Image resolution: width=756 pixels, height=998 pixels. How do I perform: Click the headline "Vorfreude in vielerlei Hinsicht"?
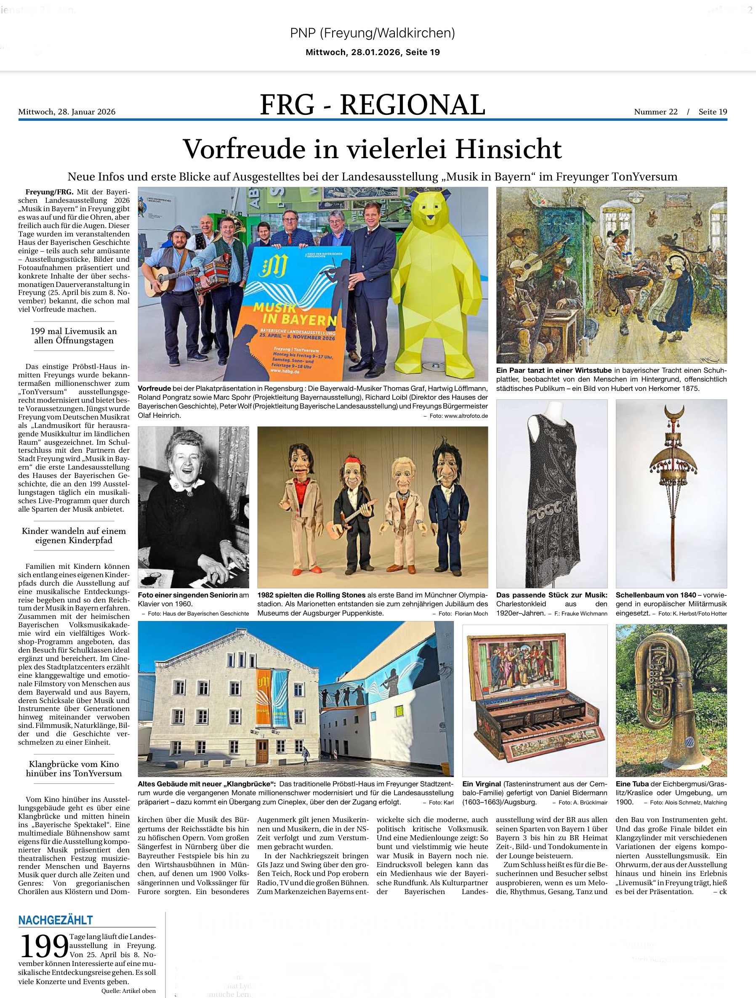(x=373, y=149)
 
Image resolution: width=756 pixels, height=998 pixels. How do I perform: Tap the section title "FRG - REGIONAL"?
(x=373, y=105)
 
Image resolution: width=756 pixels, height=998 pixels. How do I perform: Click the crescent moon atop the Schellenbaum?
(x=671, y=412)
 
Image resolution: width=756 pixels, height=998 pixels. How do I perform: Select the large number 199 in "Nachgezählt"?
(x=44, y=947)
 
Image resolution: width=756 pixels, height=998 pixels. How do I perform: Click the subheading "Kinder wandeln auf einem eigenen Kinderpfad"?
(x=74, y=536)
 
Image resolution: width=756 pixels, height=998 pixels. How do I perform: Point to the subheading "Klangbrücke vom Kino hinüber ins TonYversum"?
(x=74, y=768)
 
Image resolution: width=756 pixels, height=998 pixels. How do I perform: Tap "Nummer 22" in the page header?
(x=655, y=112)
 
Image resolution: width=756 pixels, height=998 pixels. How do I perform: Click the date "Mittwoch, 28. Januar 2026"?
(x=67, y=112)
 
